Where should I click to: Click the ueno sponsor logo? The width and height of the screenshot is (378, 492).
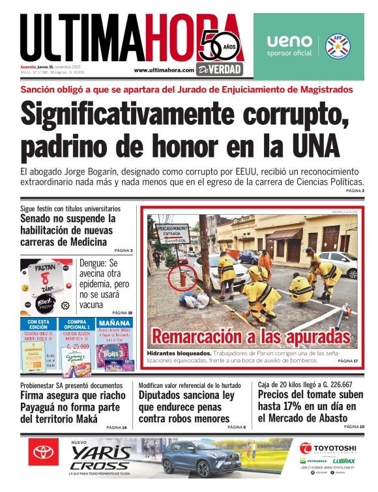click(x=289, y=44)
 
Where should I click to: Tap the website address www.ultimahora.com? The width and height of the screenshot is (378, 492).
click(x=164, y=70)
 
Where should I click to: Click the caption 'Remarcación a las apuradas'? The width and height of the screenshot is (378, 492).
click(x=251, y=338)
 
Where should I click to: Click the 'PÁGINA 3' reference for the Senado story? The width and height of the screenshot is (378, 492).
click(x=123, y=251)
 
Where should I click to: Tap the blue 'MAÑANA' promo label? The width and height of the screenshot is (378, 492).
click(x=115, y=323)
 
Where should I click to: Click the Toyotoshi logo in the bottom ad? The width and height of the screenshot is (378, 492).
click(x=327, y=448)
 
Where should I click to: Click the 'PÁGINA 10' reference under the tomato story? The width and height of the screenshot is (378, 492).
click(x=354, y=426)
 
